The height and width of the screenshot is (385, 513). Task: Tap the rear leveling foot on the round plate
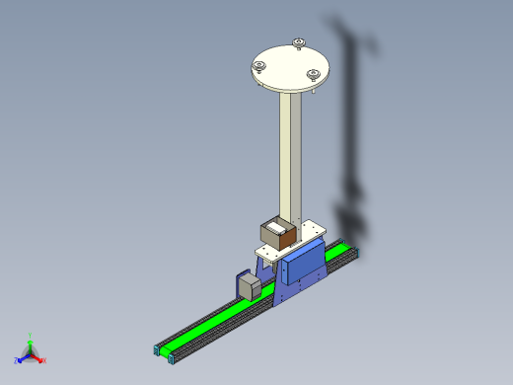point(298,41)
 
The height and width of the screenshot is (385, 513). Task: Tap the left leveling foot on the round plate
point(258,66)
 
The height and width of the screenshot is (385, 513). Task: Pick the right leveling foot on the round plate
point(313,74)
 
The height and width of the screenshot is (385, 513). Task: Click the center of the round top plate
point(289,65)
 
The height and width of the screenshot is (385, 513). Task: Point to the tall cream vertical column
point(290,158)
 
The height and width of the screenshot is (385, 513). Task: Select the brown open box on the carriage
point(277,234)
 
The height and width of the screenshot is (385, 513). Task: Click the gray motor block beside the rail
point(250,286)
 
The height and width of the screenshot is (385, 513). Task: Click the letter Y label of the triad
point(30,335)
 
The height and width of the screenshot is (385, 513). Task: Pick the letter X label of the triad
point(44,360)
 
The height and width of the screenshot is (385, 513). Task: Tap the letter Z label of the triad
point(17,360)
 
